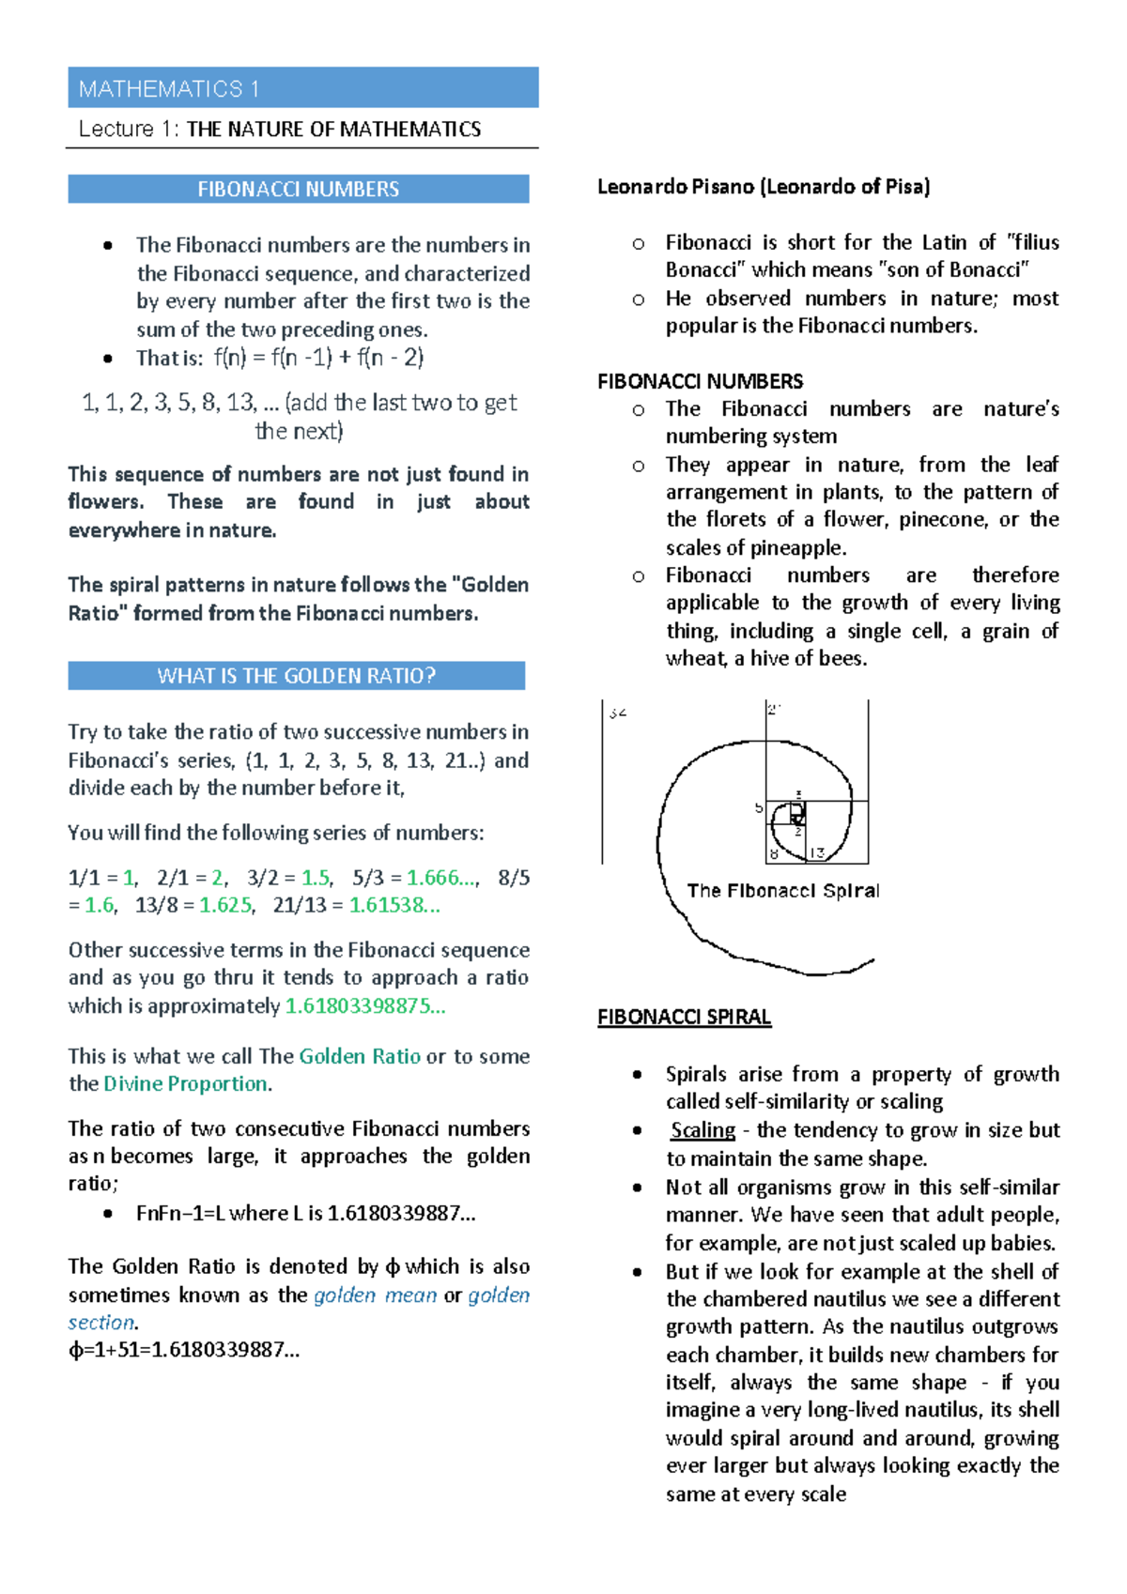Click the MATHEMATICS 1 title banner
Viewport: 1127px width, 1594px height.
302,88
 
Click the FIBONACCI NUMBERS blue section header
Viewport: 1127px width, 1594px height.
298,189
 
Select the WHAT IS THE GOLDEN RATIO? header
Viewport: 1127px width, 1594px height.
296,676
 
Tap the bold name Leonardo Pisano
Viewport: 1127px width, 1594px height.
677,187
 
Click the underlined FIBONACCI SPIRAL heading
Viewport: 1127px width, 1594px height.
684,1017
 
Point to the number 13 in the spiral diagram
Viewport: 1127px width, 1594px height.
816,853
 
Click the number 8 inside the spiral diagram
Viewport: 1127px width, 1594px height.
774,854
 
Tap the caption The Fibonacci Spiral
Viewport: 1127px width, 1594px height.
782,890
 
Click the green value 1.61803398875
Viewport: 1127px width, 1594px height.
364,1005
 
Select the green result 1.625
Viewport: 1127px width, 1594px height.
225,905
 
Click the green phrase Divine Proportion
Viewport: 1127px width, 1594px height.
186,1083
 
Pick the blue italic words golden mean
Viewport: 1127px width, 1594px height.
375,1295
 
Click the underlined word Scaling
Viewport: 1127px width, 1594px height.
702,1129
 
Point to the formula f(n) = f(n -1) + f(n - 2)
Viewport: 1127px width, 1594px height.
319,357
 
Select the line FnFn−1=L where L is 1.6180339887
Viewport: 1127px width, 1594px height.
305,1213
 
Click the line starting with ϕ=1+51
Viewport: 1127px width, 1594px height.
184,1350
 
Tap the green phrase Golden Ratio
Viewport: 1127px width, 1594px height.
360,1056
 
